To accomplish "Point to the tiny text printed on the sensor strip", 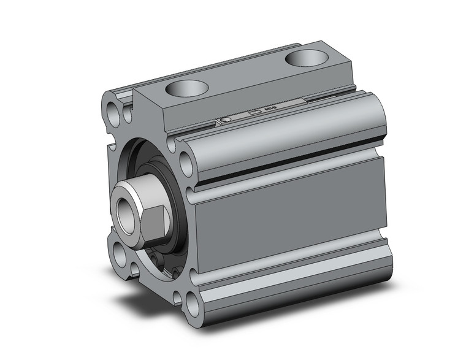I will point(270,109).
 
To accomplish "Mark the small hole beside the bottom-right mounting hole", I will point(177,297).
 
